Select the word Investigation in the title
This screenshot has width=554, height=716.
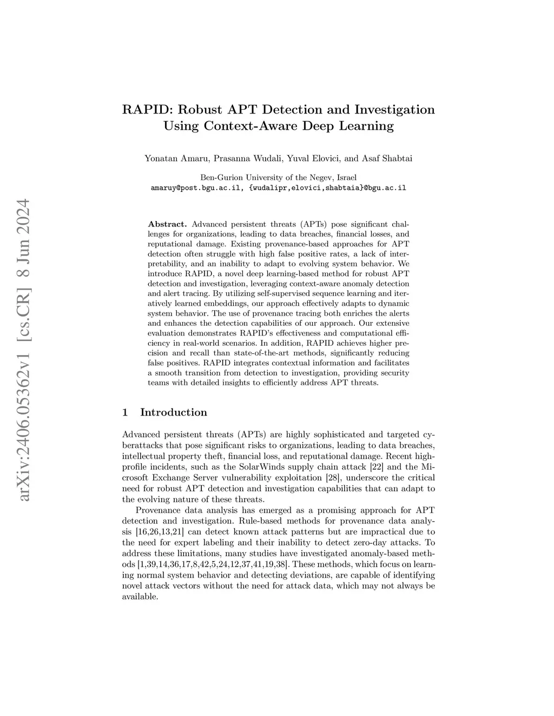[x=394, y=110]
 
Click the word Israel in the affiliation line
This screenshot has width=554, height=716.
[x=346, y=177]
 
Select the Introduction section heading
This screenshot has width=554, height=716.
[x=173, y=412]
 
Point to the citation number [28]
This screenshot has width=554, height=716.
[x=337, y=478]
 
